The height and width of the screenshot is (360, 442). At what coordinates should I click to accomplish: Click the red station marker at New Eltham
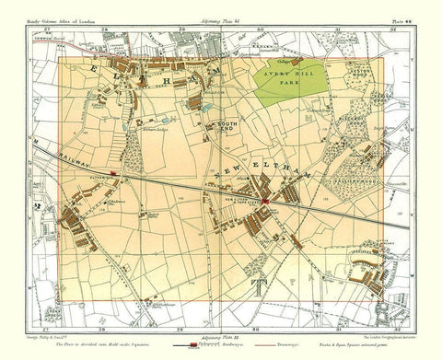tap(264, 200)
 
